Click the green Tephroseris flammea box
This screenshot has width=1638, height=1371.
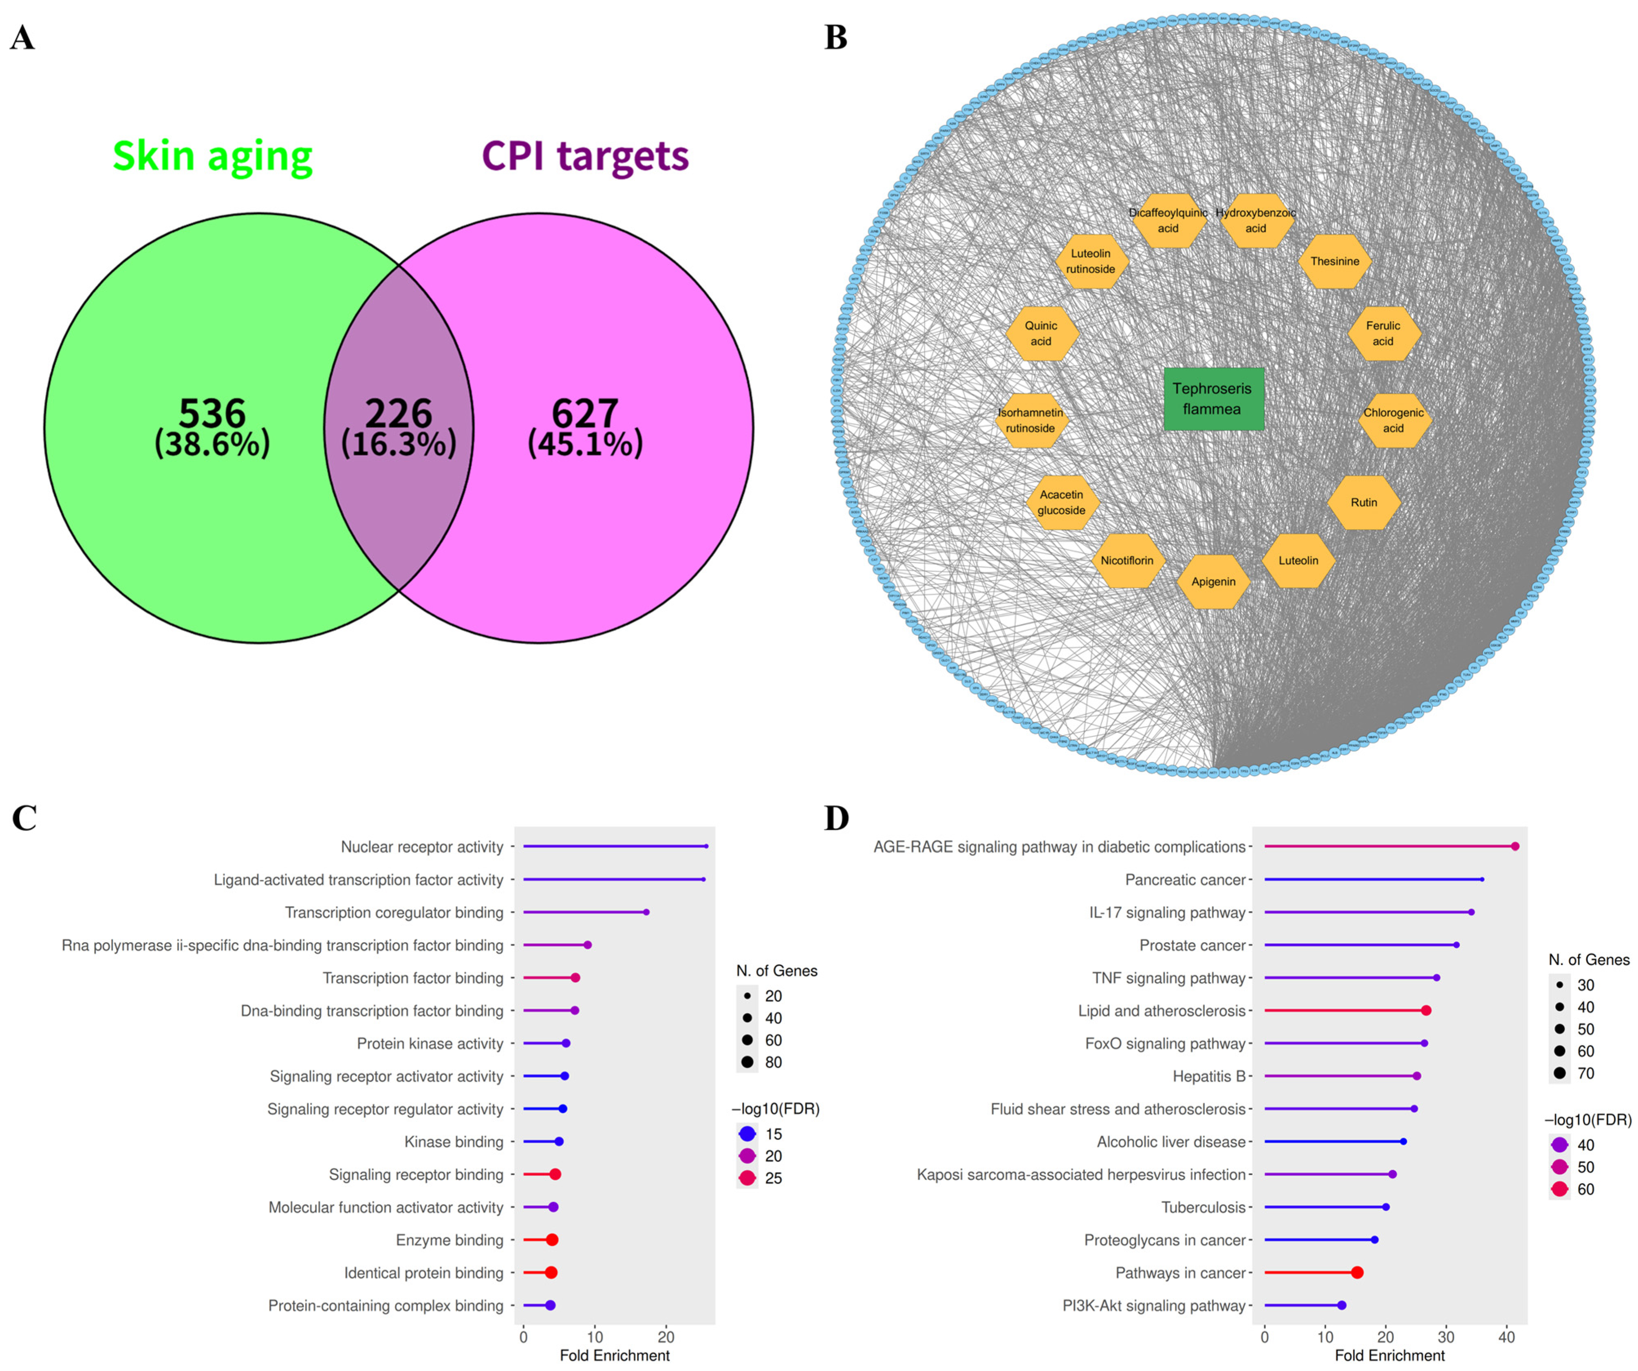pyautogui.click(x=1213, y=399)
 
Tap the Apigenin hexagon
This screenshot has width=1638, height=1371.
pyautogui.click(x=1213, y=582)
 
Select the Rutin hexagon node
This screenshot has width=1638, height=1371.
pyautogui.click(x=1363, y=502)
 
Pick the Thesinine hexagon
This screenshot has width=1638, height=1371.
pyautogui.click(x=1335, y=261)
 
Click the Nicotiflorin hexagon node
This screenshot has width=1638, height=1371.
pyautogui.click(x=1127, y=561)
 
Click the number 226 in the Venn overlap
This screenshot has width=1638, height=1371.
pyautogui.click(x=399, y=413)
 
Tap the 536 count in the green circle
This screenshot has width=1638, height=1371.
pyautogui.click(x=212, y=413)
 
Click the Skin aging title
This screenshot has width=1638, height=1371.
pyautogui.click(x=212, y=156)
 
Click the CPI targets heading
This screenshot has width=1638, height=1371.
pyautogui.click(x=585, y=156)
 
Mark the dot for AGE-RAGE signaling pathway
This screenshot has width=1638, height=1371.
pyautogui.click(x=1515, y=846)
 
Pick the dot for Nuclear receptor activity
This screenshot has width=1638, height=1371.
pyautogui.click(x=706, y=846)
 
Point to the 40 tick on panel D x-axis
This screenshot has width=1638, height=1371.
pyautogui.click(x=1507, y=1338)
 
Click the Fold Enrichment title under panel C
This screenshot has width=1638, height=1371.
pyautogui.click(x=615, y=1356)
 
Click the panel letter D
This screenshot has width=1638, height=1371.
pyautogui.click(x=836, y=819)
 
